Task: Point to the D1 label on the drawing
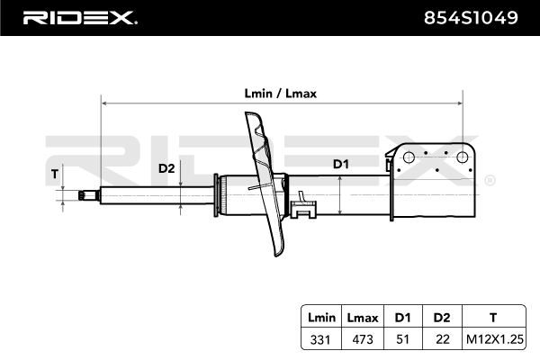[x=341, y=164]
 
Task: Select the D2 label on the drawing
[x=166, y=168]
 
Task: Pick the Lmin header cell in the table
[x=321, y=317]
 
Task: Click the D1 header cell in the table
[x=401, y=317]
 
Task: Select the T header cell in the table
[x=491, y=317]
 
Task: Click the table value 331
[x=321, y=339]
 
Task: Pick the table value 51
[x=401, y=339]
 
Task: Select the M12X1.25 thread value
[x=491, y=339]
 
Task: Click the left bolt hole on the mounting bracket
[x=407, y=157]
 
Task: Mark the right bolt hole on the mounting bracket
[x=463, y=157]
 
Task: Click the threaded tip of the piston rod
[x=88, y=193]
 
